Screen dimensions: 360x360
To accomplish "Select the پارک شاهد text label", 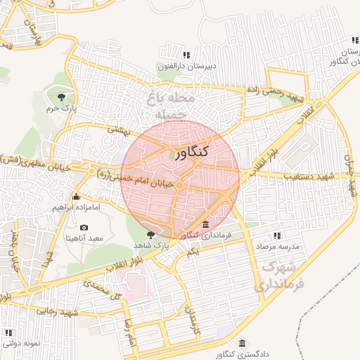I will [x=149, y=245].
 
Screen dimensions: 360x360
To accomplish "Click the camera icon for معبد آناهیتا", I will [x=84, y=228].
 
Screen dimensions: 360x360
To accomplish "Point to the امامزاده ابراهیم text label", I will [x=77, y=208].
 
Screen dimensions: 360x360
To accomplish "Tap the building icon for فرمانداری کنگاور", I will [x=205, y=225].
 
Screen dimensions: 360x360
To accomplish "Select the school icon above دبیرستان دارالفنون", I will [x=186, y=55].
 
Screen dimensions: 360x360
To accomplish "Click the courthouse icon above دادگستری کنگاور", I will [x=243, y=342].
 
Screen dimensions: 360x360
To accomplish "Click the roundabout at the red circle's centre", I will [x=180, y=185].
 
